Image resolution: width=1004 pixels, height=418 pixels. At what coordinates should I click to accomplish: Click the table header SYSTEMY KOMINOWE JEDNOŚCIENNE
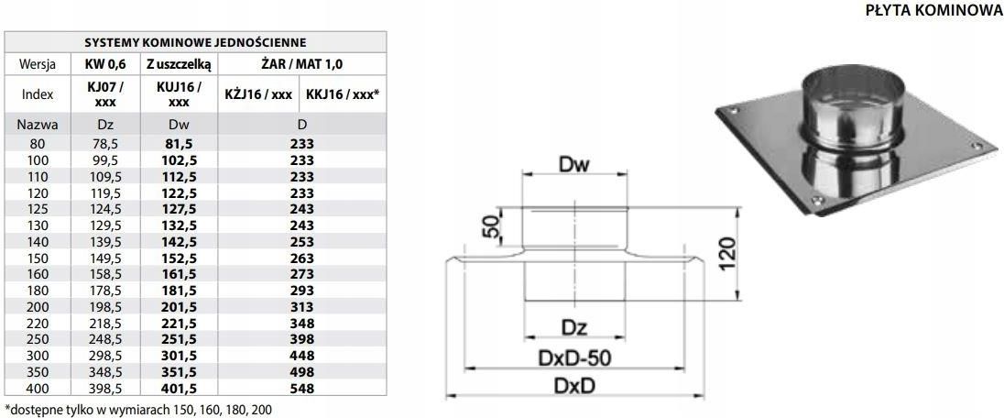(195, 41)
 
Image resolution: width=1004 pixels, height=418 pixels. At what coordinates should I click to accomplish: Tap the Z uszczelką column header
(179, 64)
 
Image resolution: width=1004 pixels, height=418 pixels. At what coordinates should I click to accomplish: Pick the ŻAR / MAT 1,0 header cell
(301, 64)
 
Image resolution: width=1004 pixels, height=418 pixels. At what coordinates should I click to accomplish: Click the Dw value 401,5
(179, 389)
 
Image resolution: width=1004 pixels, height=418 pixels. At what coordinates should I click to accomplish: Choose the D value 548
(301, 389)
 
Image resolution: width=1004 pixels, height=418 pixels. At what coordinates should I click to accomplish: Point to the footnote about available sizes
(138, 408)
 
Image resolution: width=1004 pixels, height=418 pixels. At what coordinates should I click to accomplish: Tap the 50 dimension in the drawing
(494, 225)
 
